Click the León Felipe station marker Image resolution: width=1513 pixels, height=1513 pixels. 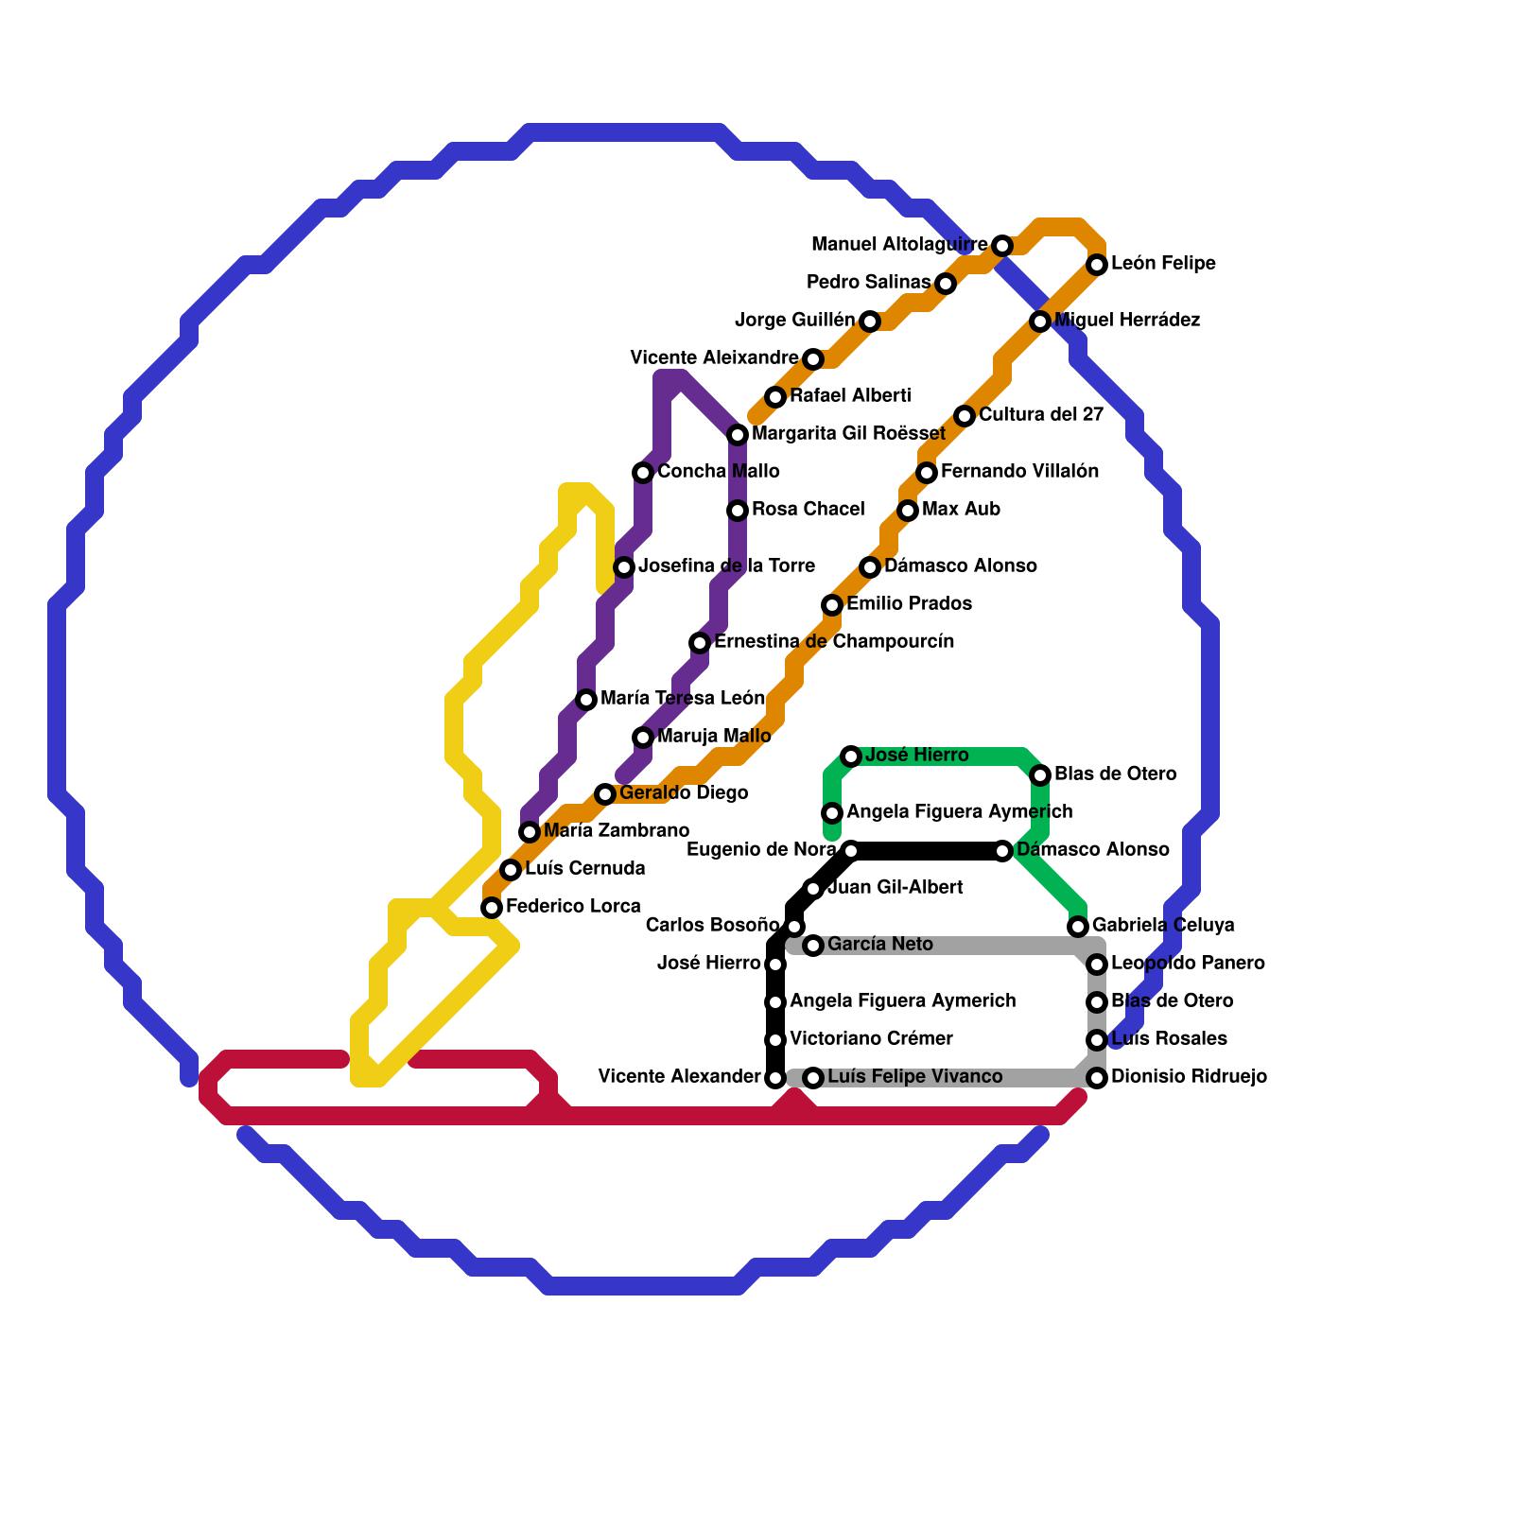(x=1097, y=265)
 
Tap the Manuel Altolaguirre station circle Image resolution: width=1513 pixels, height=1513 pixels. (x=1002, y=246)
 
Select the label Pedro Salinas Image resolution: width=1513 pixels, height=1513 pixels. (x=868, y=283)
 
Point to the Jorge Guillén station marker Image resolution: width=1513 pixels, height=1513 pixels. (x=870, y=322)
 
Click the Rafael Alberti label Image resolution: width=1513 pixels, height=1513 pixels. (x=850, y=395)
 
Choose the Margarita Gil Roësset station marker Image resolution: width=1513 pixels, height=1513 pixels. (x=738, y=435)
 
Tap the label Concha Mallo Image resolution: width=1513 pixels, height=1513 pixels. (x=719, y=472)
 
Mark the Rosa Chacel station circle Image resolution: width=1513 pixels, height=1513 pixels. (x=738, y=511)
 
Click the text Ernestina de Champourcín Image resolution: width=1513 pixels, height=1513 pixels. (x=834, y=642)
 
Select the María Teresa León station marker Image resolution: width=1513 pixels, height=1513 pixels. (x=586, y=700)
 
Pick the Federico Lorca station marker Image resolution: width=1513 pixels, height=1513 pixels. (x=492, y=908)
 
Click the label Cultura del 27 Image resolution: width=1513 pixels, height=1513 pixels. (x=1040, y=415)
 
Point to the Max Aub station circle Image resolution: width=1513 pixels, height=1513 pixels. (x=908, y=511)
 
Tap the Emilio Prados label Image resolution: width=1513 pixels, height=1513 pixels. (x=909, y=604)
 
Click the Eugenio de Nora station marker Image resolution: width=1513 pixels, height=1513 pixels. (x=851, y=851)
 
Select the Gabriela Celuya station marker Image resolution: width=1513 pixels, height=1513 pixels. (x=1078, y=927)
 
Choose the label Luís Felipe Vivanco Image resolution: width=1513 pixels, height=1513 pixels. (x=914, y=1077)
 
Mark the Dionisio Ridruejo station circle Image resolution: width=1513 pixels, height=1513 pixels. (x=1097, y=1078)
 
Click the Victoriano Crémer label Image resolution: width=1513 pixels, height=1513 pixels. (x=871, y=1039)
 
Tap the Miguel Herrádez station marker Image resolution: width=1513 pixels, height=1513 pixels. (x=1040, y=322)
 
